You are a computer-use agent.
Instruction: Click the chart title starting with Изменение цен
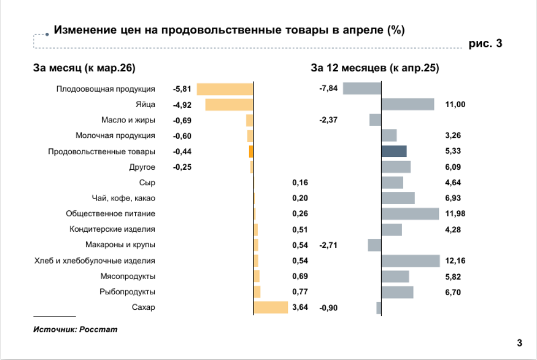coord(229,30)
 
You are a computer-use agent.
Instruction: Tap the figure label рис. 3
coord(485,44)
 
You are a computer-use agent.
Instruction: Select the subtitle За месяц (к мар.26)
coord(84,68)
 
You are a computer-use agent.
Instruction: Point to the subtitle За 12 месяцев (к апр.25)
coord(375,68)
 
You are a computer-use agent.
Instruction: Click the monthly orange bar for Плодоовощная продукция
coord(225,89)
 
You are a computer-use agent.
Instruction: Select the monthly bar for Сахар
coord(271,307)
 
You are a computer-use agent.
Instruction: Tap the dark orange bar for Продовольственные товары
coord(251,151)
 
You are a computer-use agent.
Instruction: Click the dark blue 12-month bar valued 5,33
coord(394,151)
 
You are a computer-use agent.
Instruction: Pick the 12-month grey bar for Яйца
coord(408,105)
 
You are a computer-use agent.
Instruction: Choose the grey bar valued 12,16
coord(411,261)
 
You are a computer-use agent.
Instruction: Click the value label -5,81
coord(182,89)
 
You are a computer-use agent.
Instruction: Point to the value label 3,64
coord(300,307)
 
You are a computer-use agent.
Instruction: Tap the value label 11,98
coord(455,213)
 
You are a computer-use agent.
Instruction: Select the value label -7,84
coord(328,88)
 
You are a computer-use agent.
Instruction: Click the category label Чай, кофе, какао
coord(123,198)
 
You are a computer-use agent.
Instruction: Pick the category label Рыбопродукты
coord(127,292)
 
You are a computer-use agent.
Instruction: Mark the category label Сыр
coord(147,183)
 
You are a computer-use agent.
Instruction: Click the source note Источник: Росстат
coord(75,329)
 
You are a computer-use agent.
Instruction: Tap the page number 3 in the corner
coord(520,343)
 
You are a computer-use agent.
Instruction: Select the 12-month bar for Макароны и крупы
coord(375,245)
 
